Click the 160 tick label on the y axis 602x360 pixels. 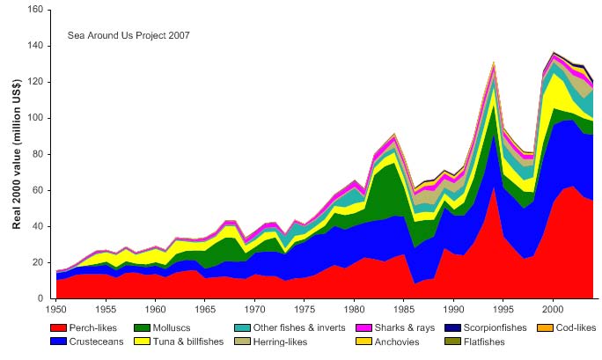point(34,10)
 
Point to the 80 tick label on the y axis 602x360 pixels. point(37,154)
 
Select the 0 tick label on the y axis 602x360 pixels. point(40,298)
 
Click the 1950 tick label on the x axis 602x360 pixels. point(55,310)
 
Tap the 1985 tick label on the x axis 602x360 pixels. point(403,310)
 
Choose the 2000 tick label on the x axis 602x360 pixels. point(552,310)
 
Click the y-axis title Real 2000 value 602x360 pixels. point(17,154)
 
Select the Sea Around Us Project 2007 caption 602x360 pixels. point(128,36)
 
